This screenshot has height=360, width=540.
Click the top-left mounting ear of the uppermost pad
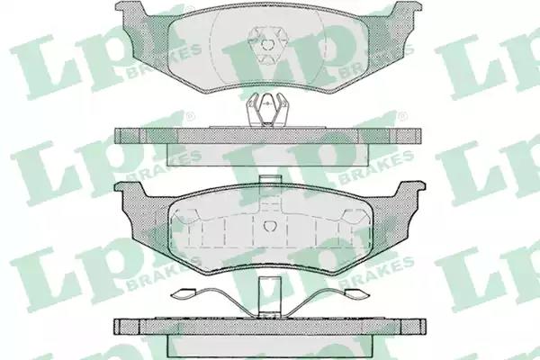tap(131, 10)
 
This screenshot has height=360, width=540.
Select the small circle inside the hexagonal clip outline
tap(267, 44)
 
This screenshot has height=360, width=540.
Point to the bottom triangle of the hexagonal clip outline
tap(267, 58)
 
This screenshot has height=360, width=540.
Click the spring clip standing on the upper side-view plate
tap(267, 110)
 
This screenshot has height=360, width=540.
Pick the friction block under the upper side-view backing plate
tap(268, 154)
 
